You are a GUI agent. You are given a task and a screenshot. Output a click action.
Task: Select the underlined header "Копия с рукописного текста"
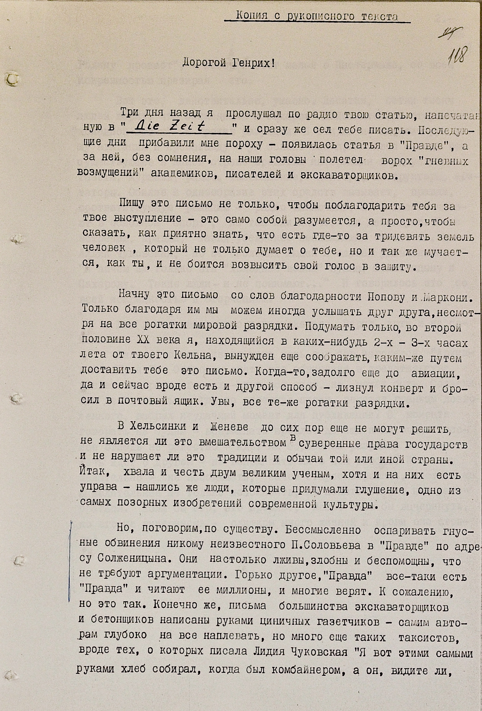coord(317,16)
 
